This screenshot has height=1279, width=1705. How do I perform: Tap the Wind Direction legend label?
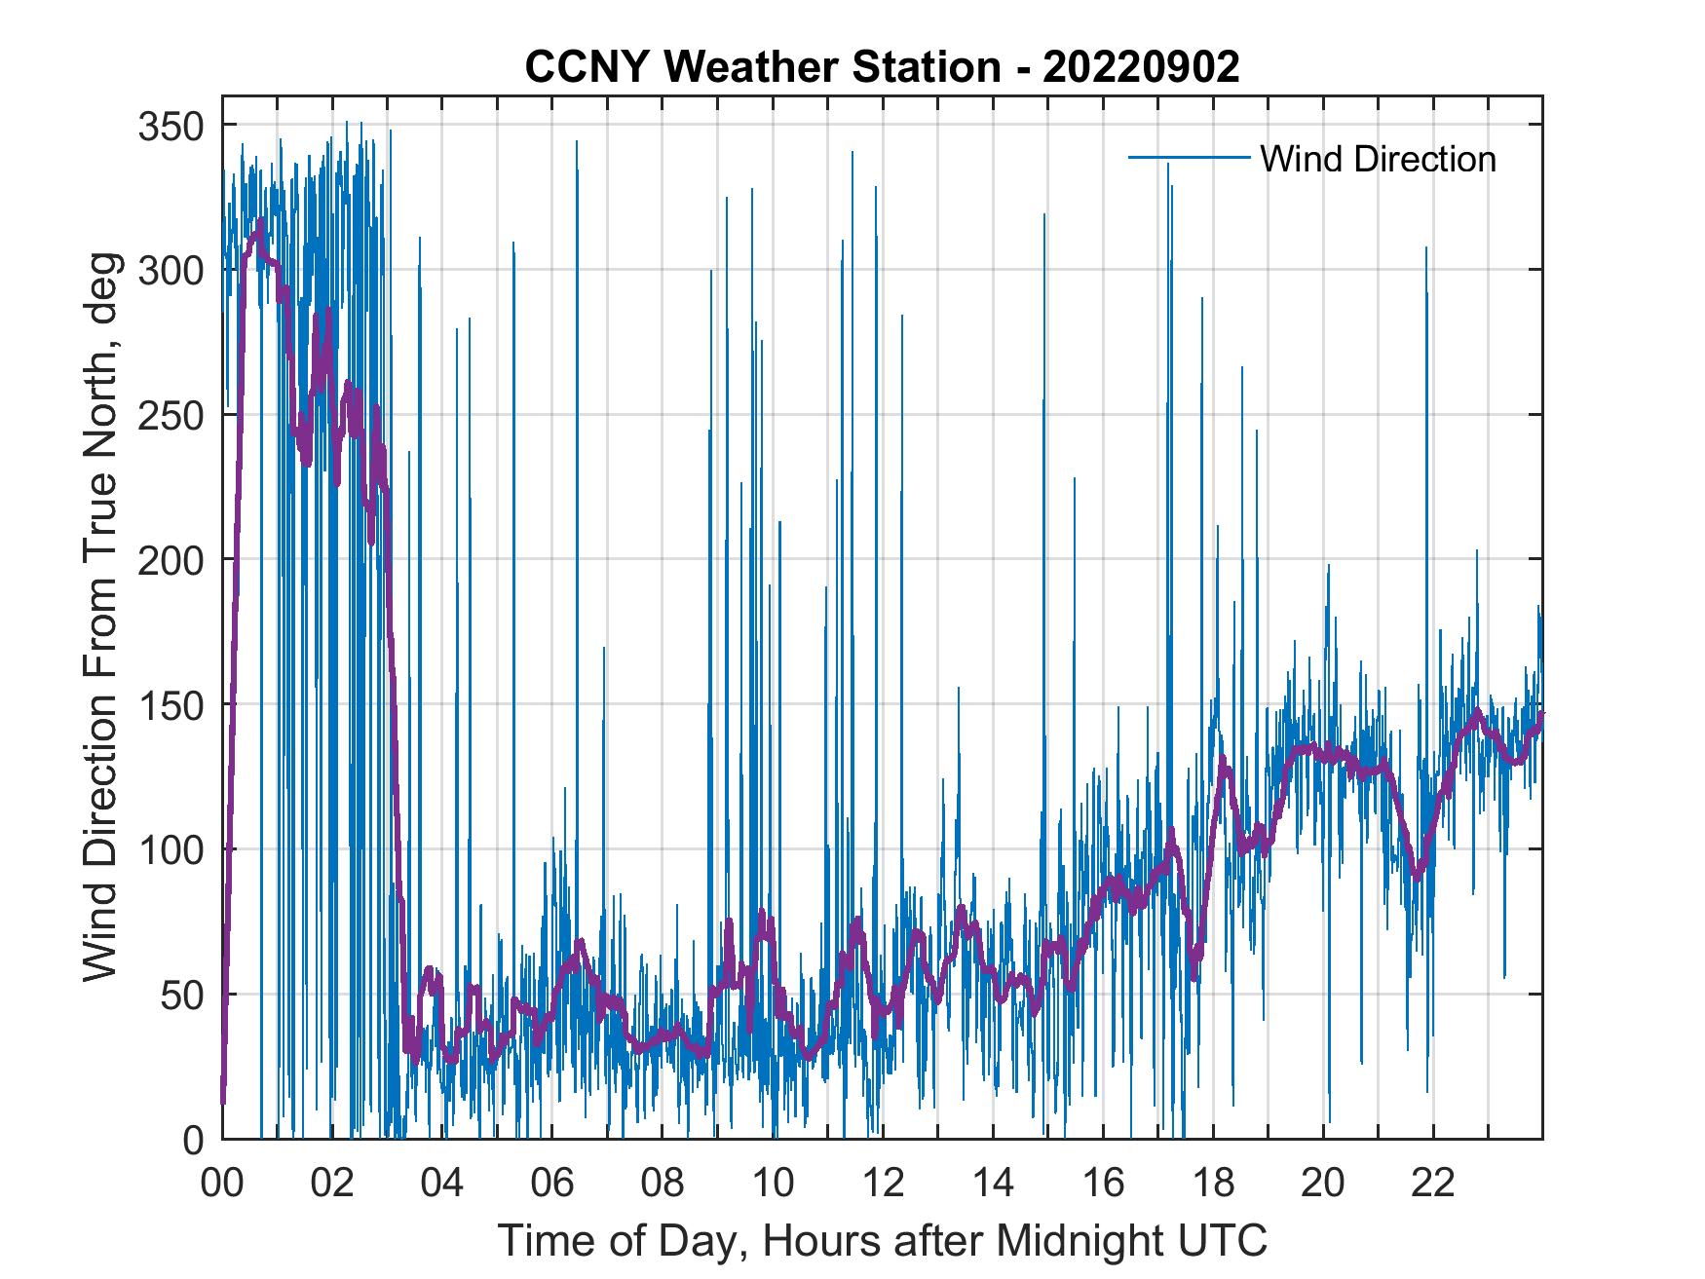point(1378,159)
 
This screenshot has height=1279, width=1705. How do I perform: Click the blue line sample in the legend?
point(1188,158)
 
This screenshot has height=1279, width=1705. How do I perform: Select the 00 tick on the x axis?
point(222,1185)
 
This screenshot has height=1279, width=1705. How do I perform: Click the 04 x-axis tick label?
point(442,1185)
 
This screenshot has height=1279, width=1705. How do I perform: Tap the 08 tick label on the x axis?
point(663,1185)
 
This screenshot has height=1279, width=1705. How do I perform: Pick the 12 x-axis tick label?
point(883,1185)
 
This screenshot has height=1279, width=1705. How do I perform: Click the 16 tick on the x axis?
point(1103,1185)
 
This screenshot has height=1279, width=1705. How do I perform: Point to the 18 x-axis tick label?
point(1213,1185)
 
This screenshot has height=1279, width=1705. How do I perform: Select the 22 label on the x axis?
point(1433,1185)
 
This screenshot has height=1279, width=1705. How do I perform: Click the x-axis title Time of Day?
point(883,1241)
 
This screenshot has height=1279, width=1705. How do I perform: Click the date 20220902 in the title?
point(1141,67)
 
